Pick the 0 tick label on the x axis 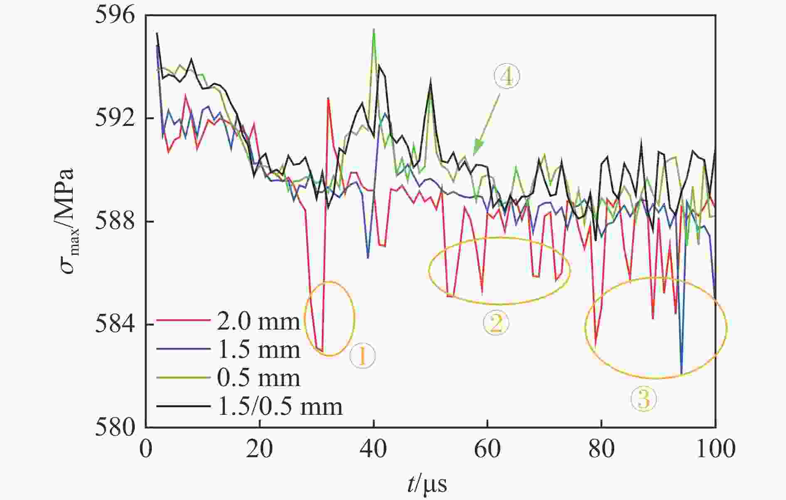[x=146, y=449]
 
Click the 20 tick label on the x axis [x=260, y=449]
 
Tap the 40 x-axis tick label [x=373, y=449]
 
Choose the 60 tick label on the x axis [x=487, y=449]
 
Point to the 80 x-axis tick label [x=601, y=449]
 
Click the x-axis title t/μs [x=427, y=483]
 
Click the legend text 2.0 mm [x=258, y=321]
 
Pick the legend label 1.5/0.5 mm [x=280, y=406]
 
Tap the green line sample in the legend [x=183, y=378]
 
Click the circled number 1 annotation [x=362, y=356]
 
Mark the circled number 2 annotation [x=495, y=324]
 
